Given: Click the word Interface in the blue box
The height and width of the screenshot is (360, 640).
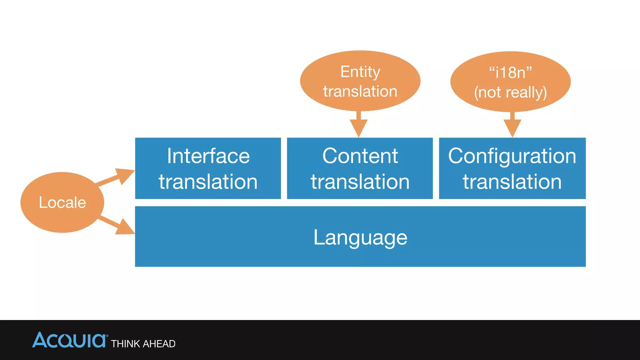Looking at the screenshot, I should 208,156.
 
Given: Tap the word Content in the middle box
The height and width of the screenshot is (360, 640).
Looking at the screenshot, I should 360,156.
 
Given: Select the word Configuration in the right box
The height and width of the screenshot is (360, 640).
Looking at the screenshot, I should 512,156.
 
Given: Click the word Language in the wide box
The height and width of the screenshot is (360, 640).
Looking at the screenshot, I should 360,237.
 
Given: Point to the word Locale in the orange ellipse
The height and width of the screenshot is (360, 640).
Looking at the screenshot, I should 62,202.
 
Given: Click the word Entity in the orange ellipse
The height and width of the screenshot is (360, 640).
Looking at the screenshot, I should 360,72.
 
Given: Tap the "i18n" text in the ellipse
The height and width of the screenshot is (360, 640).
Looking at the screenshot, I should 510,72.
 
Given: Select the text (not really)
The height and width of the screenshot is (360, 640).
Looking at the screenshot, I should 510,92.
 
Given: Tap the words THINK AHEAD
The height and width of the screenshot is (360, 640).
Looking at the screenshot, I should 143,344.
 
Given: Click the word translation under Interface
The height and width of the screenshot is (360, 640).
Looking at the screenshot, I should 208,182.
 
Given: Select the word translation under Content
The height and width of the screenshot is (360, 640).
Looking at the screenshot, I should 360,182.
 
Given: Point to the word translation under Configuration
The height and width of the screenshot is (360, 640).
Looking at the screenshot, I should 512,182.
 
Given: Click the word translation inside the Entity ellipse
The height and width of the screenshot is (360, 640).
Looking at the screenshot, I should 360,92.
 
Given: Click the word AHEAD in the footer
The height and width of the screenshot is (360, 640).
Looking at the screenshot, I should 159,344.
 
